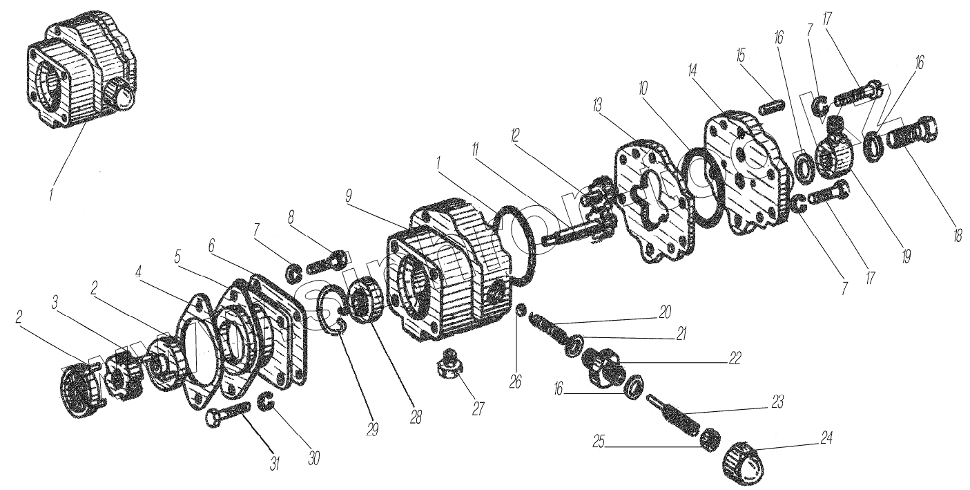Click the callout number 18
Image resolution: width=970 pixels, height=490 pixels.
(956, 234)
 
